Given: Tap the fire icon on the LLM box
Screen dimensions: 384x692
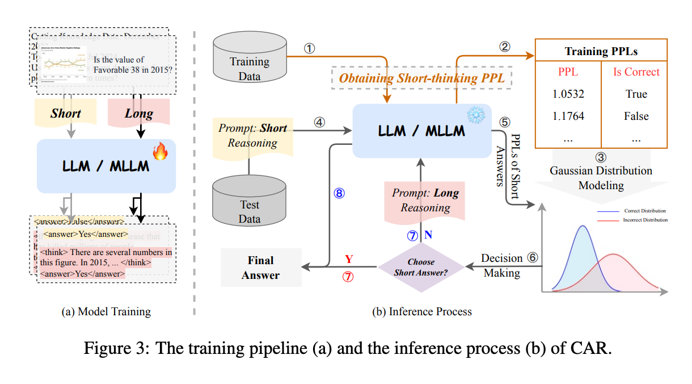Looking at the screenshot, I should [x=160, y=152].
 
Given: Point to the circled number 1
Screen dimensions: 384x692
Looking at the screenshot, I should [x=309, y=49].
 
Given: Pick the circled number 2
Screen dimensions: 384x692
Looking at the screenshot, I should [x=504, y=48].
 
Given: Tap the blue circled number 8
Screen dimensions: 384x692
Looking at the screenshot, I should [x=339, y=193].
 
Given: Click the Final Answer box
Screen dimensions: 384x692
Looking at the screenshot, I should [x=261, y=268].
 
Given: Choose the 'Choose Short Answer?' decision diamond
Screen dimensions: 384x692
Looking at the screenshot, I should [x=421, y=268].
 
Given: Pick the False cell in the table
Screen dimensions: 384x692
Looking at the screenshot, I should [x=636, y=116].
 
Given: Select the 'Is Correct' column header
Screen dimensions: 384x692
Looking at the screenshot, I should [x=636, y=72].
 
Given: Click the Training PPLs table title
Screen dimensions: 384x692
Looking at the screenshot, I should [x=601, y=51].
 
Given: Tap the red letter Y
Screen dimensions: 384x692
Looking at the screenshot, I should [x=349, y=259].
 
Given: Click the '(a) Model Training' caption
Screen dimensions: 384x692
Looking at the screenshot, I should [x=107, y=311].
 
